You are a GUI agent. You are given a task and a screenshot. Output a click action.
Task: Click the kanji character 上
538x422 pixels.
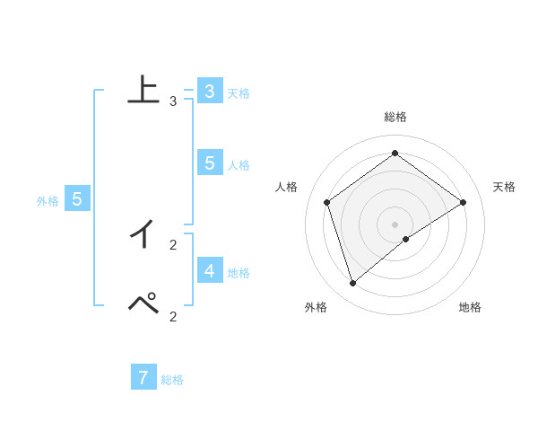[x=143, y=90]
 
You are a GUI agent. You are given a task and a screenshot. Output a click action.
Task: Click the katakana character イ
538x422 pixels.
[x=143, y=234]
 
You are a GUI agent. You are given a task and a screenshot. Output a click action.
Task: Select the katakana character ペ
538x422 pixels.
[x=143, y=304]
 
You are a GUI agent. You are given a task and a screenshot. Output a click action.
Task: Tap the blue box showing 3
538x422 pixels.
[x=209, y=92]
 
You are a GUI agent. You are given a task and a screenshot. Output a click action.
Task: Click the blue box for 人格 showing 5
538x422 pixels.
[x=209, y=163]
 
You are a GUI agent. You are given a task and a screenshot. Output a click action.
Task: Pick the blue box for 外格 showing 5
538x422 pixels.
[x=76, y=199]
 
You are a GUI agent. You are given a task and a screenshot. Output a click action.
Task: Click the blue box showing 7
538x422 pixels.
[x=143, y=377]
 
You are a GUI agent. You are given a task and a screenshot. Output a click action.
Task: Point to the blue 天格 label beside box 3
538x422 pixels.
[x=239, y=93]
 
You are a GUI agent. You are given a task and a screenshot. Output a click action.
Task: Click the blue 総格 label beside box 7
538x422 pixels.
[x=172, y=380]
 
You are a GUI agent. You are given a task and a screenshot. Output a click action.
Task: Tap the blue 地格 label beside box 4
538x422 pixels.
[x=239, y=272]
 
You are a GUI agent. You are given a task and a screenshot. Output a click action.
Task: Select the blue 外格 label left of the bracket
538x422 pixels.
[x=48, y=201]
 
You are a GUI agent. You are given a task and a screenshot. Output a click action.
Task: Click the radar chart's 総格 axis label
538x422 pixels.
[x=395, y=117]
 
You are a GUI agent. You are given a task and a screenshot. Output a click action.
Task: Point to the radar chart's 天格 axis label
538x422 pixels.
[x=504, y=187]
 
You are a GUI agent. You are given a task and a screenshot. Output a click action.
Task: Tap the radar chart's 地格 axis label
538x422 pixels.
[x=470, y=307]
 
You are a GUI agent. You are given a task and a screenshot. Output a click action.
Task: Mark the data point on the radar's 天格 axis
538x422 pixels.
[x=463, y=202]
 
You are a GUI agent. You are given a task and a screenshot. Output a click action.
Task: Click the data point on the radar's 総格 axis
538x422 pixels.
[x=395, y=154]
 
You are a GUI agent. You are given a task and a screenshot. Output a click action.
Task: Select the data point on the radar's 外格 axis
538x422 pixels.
[x=353, y=284]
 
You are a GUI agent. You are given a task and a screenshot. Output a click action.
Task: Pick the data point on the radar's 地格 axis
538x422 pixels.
[x=406, y=239]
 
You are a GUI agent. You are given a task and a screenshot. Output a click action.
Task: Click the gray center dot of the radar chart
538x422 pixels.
[x=395, y=224]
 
